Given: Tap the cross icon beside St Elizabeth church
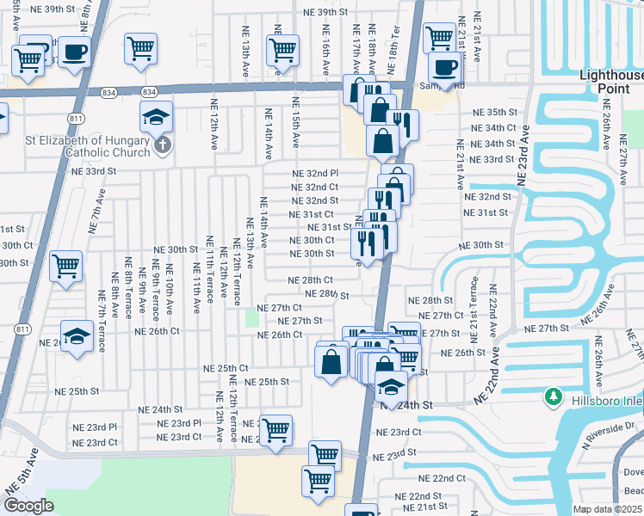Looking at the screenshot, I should click(x=163, y=146).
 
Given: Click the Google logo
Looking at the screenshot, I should click(x=28, y=505).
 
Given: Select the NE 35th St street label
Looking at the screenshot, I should click(x=492, y=113).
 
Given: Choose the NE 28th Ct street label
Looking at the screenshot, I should click(x=311, y=280).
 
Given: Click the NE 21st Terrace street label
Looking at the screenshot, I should click(x=474, y=301).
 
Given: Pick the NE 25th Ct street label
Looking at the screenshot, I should click(x=226, y=368).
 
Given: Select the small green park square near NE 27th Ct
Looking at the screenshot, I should click(x=251, y=318).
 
